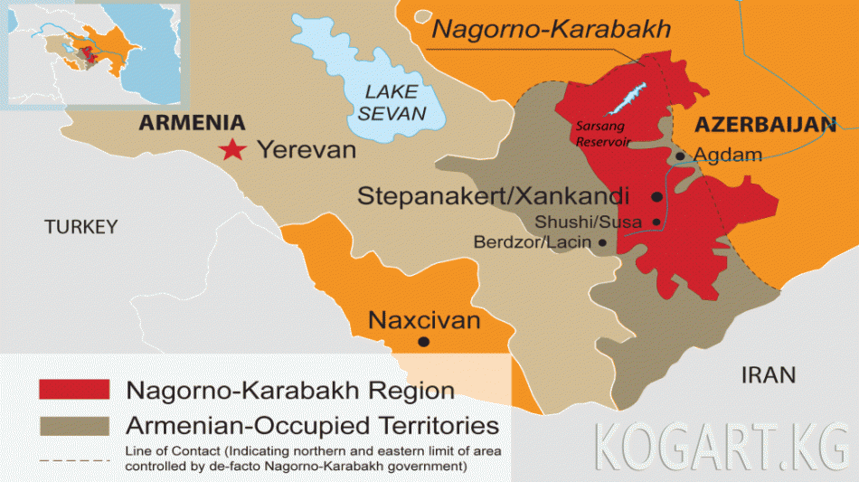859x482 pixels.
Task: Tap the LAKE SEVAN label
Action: (391, 102)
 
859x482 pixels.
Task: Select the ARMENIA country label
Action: (192, 123)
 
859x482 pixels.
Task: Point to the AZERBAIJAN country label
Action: (764, 126)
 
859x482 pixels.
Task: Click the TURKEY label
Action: (81, 227)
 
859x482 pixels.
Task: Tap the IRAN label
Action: (769, 374)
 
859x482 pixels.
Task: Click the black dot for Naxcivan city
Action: (423, 342)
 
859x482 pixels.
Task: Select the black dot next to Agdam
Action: (680, 156)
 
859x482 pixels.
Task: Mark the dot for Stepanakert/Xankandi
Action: (656, 196)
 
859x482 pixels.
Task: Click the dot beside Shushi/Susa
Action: (656, 222)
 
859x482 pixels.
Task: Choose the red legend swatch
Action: (74, 389)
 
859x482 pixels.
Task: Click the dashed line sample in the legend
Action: (74, 459)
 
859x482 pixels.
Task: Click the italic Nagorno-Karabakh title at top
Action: (551, 29)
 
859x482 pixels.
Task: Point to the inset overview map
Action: (94, 53)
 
